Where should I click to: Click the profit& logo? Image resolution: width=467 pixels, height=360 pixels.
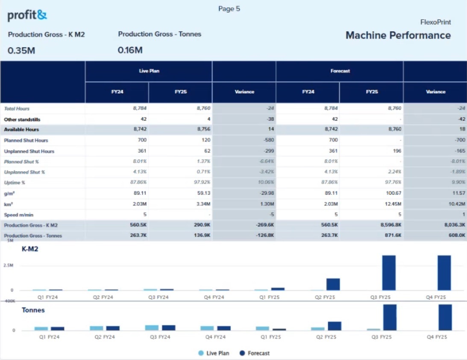[27, 16]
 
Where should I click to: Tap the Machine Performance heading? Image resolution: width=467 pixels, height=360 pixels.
[398, 35]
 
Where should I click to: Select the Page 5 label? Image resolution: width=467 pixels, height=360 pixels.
[229, 9]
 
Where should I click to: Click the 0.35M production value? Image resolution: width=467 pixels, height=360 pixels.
[21, 50]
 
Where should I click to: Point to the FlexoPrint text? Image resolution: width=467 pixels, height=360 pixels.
[435, 22]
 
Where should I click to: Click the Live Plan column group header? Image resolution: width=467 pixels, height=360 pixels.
[149, 71]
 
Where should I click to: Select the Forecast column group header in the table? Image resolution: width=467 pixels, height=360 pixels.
[340, 71]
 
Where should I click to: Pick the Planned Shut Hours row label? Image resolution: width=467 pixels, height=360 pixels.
[26, 140]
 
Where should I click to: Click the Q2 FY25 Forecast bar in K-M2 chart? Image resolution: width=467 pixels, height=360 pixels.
[333, 284]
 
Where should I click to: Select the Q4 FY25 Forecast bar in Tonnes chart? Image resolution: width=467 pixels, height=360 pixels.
[445, 317]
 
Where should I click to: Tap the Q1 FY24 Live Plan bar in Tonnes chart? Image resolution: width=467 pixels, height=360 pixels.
[41, 329]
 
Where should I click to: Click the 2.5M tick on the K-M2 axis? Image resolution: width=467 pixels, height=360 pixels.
[9, 265]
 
